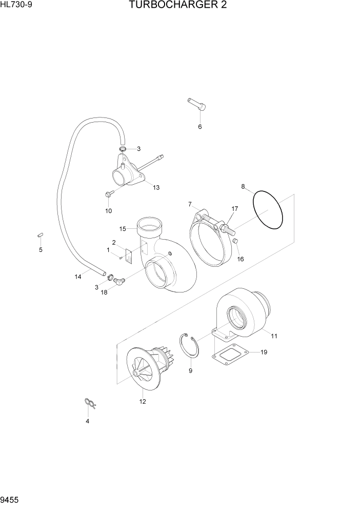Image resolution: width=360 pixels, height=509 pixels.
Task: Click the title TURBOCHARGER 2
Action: click(x=178, y=6)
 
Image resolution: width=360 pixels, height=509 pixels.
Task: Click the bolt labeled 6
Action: click(x=197, y=105)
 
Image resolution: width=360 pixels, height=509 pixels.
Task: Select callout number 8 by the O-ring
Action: click(x=243, y=186)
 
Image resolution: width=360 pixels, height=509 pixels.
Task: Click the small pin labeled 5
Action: click(x=40, y=235)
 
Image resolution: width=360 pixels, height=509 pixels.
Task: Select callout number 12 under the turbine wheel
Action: click(x=143, y=401)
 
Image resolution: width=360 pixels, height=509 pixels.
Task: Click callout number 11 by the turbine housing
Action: click(x=274, y=336)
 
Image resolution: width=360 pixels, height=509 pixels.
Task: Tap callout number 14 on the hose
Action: click(x=78, y=277)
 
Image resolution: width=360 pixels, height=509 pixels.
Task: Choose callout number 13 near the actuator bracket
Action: click(x=156, y=188)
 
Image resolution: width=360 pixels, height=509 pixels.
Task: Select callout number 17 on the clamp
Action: click(x=235, y=209)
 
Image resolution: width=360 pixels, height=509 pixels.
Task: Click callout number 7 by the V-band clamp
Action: click(x=189, y=204)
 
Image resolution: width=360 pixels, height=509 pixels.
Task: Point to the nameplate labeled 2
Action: click(x=129, y=254)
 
